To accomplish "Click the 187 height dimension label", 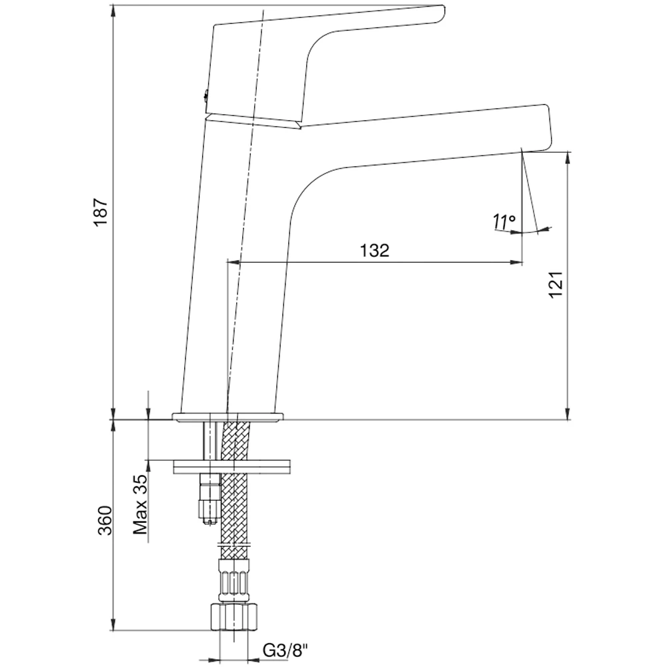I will [x=100, y=212].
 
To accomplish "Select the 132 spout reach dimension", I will [x=374, y=251].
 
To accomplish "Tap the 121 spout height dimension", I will [x=558, y=285].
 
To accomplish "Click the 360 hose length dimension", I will [x=104, y=520].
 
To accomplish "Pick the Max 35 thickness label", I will [x=139, y=506].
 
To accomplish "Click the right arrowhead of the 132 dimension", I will [x=518, y=262].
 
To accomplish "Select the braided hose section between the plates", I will [x=235, y=440].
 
